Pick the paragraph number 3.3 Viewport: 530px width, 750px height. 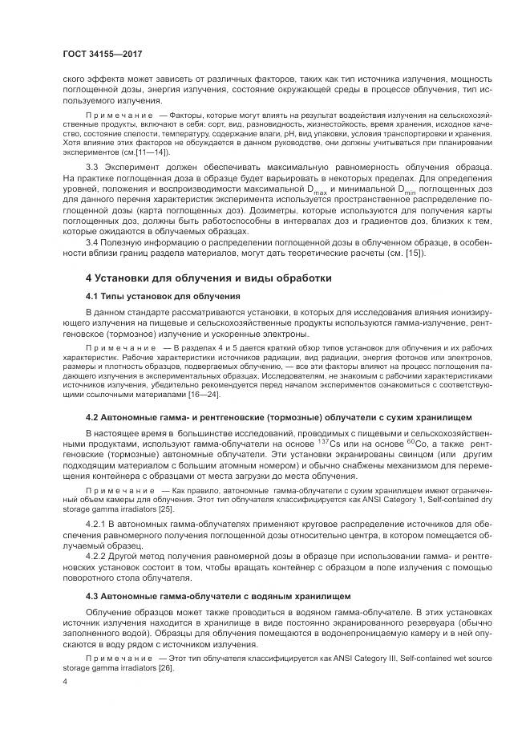tap(94, 165)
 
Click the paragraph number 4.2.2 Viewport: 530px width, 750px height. tap(99, 554)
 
